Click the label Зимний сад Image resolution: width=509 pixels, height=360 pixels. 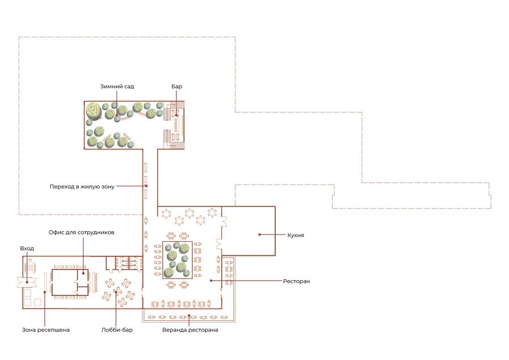[117, 87]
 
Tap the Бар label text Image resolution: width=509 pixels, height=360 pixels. [176, 87]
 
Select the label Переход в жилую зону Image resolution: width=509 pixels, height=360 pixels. [82, 186]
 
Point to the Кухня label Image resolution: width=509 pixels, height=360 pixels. [295, 235]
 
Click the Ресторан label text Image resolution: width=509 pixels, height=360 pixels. [296, 281]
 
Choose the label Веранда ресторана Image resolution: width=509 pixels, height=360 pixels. [190, 330]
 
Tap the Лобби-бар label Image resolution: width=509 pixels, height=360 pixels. [117, 330]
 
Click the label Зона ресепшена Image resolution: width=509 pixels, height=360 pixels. [46, 330]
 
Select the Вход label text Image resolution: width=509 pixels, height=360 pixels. [27, 248]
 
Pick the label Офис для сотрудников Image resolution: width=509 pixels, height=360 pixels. [81, 232]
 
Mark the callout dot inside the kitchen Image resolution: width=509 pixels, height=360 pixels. [260, 234]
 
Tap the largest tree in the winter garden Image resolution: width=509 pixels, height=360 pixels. [94, 110]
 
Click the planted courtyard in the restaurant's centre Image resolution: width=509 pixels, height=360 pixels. [177, 260]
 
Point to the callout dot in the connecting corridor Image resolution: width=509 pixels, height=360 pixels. [146, 186]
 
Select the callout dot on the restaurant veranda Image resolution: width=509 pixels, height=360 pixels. [189, 315]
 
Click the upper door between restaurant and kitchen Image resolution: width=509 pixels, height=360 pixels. [224, 221]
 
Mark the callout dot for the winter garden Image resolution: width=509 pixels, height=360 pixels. [117, 115]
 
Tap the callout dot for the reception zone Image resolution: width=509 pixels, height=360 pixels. [45, 292]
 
